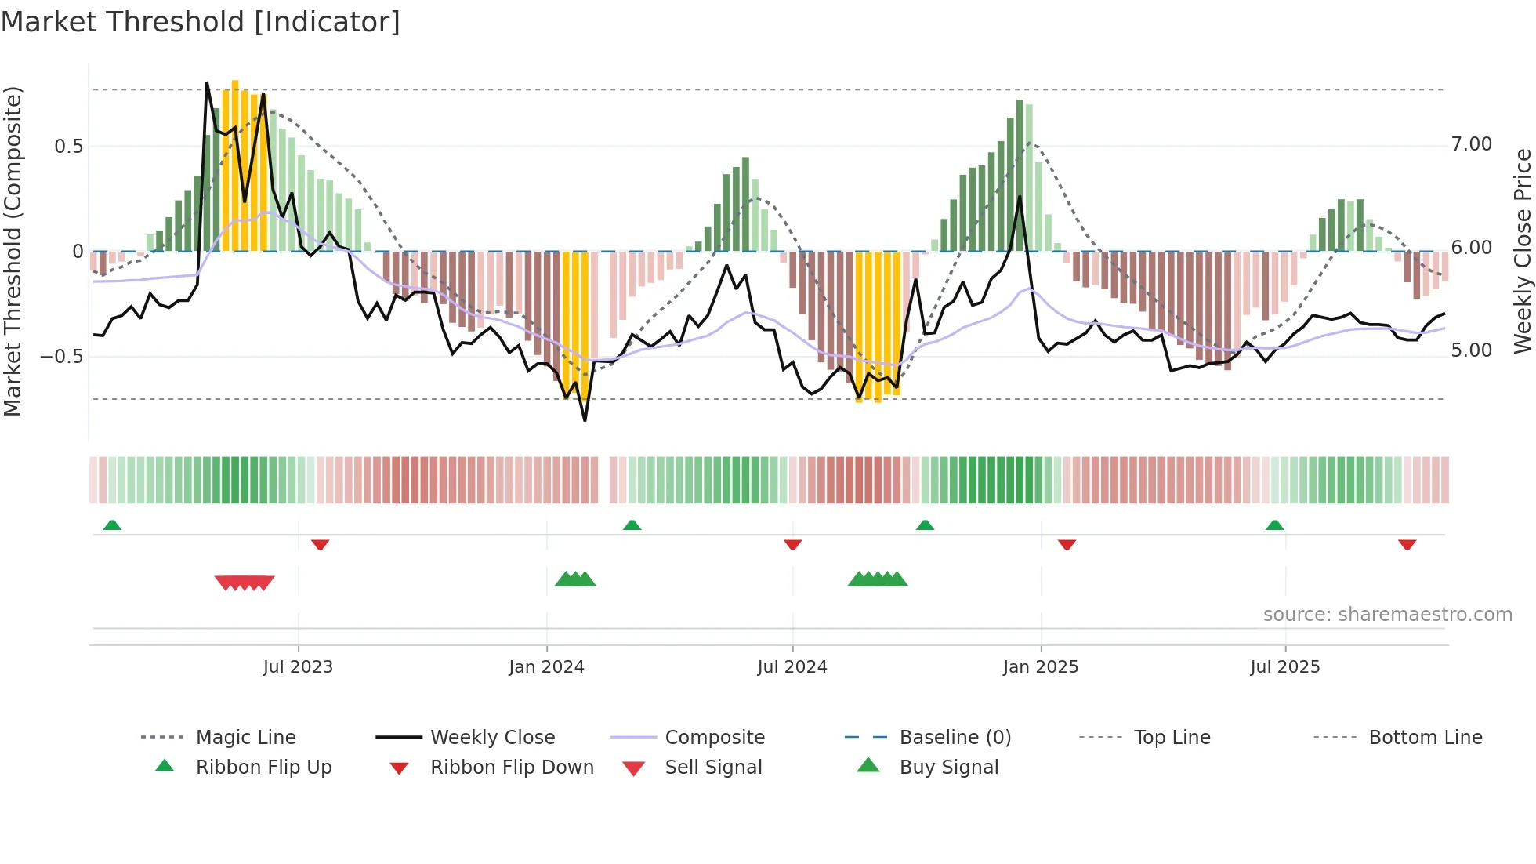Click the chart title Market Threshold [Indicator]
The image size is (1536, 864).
click(x=201, y=22)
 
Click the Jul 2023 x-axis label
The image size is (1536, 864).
click(x=298, y=667)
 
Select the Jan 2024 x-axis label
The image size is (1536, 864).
click(x=546, y=667)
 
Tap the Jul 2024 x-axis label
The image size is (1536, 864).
click(x=792, y=667)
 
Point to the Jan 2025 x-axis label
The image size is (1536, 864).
click(x=1041, y=667)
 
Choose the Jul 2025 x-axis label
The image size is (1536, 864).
click(x=1285, y=667)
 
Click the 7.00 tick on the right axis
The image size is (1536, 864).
click(x=1471, y=144)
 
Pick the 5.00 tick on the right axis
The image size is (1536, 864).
click(x=1471, y=350)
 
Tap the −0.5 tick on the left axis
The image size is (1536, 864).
click(x=61, y=357)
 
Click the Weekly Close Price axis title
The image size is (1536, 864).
click(x=1522, y=251)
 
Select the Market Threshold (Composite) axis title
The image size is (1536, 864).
click(x=13, y=251)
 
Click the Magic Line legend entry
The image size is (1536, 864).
click(x=245, y=738)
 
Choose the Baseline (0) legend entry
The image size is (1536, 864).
click(x=955, y=738)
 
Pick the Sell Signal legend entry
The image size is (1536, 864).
click(x=712, y=768)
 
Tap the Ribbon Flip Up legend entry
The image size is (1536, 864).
click(x=263, y=768)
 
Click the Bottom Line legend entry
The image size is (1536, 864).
click(x=1425, y=738)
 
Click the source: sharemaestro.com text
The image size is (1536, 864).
click(x=1387, y=615)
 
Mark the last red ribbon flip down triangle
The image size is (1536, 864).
click(x=1407, y=544)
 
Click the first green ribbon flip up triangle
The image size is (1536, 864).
click(x=112, y=525)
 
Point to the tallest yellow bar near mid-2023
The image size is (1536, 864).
click(x=235, y=165)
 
